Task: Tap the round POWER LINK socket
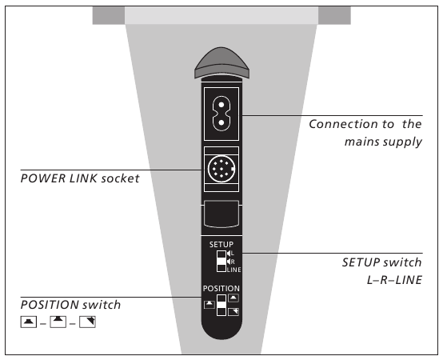221,169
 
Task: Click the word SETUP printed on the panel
221,242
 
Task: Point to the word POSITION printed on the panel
221,287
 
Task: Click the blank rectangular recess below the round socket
221,215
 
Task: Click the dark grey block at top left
108,15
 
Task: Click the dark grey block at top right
334,15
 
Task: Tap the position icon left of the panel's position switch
209,304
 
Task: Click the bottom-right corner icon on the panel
233,310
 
